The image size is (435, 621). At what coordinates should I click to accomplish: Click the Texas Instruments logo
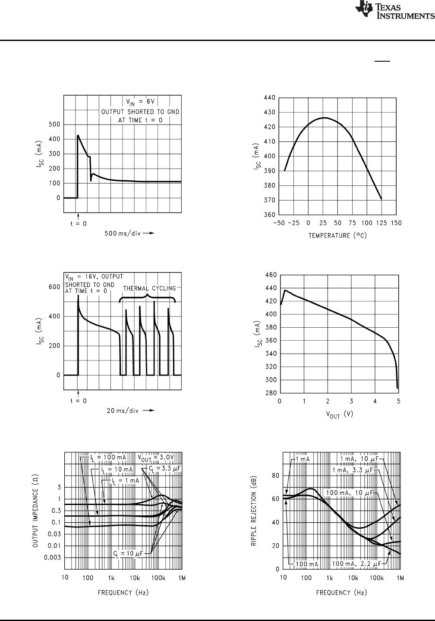pos(394,12)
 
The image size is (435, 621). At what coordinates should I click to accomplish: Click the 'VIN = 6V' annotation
pos(140,102)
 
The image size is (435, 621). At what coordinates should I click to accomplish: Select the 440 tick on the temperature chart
pos(270,98)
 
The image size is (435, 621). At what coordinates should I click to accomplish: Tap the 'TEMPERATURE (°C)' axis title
pos(338,236)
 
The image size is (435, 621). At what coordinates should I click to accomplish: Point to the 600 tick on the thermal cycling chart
pos(54,287)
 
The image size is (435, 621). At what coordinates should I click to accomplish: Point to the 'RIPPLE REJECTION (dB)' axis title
pos(254,511)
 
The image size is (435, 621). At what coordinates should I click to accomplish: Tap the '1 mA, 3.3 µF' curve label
pos(352,470)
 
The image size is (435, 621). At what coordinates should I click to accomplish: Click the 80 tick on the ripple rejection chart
pos(273,476)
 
